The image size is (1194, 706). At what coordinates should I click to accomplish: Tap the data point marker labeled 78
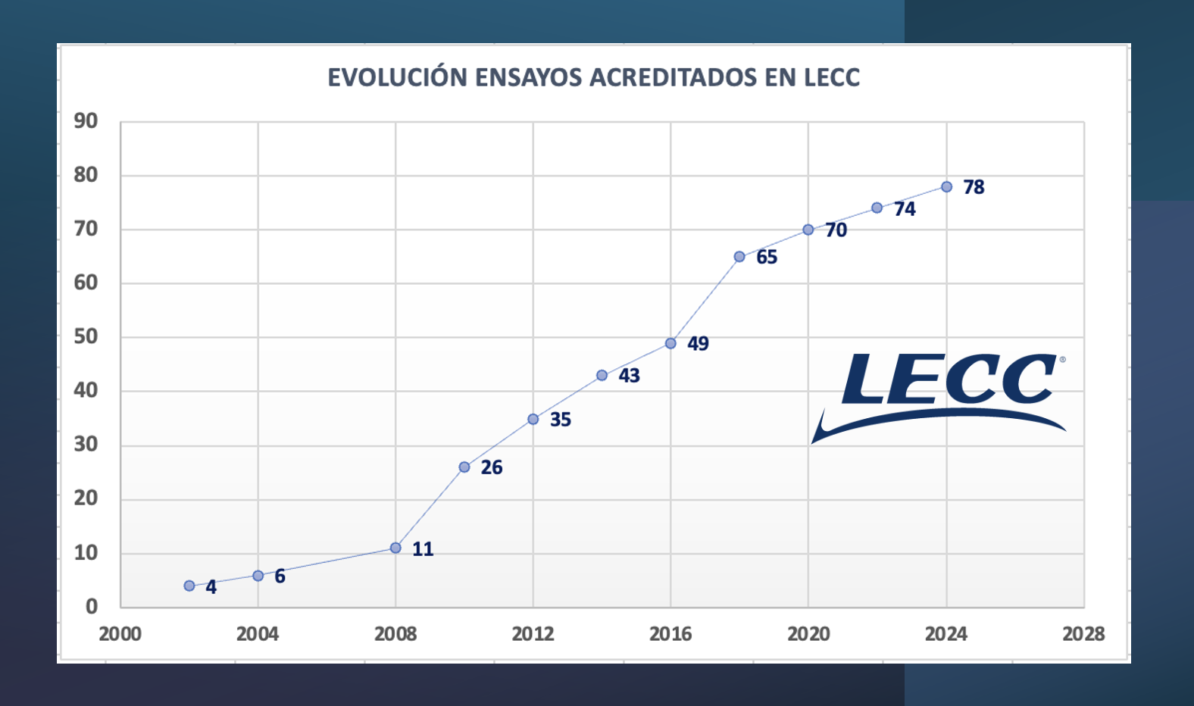(947, 187)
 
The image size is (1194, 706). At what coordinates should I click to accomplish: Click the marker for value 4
(189, 586)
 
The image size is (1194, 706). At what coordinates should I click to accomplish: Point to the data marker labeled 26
(464, 467)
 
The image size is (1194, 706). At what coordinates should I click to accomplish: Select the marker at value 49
(670, 344)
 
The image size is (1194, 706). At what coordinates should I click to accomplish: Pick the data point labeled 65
(739, 257)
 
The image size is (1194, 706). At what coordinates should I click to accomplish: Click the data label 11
(423, 549)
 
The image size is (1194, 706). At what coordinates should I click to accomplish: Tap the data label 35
(560, 420)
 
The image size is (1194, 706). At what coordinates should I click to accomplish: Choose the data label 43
(629, 376)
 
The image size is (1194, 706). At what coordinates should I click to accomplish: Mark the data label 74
(905, 209)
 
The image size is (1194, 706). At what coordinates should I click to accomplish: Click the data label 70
(836, 230)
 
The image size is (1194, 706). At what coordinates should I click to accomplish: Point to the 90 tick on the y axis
(86, 121)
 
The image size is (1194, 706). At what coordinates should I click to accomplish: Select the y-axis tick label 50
(86, 337)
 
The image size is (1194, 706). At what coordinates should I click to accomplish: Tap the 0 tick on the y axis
(92, 606)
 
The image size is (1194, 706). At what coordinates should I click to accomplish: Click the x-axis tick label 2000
(120, 634)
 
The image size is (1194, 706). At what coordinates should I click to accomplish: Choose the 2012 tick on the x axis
(533, 634)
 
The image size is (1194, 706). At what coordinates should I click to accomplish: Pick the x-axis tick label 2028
(1083, 634)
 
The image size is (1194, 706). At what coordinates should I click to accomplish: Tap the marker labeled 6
(258, 576)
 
